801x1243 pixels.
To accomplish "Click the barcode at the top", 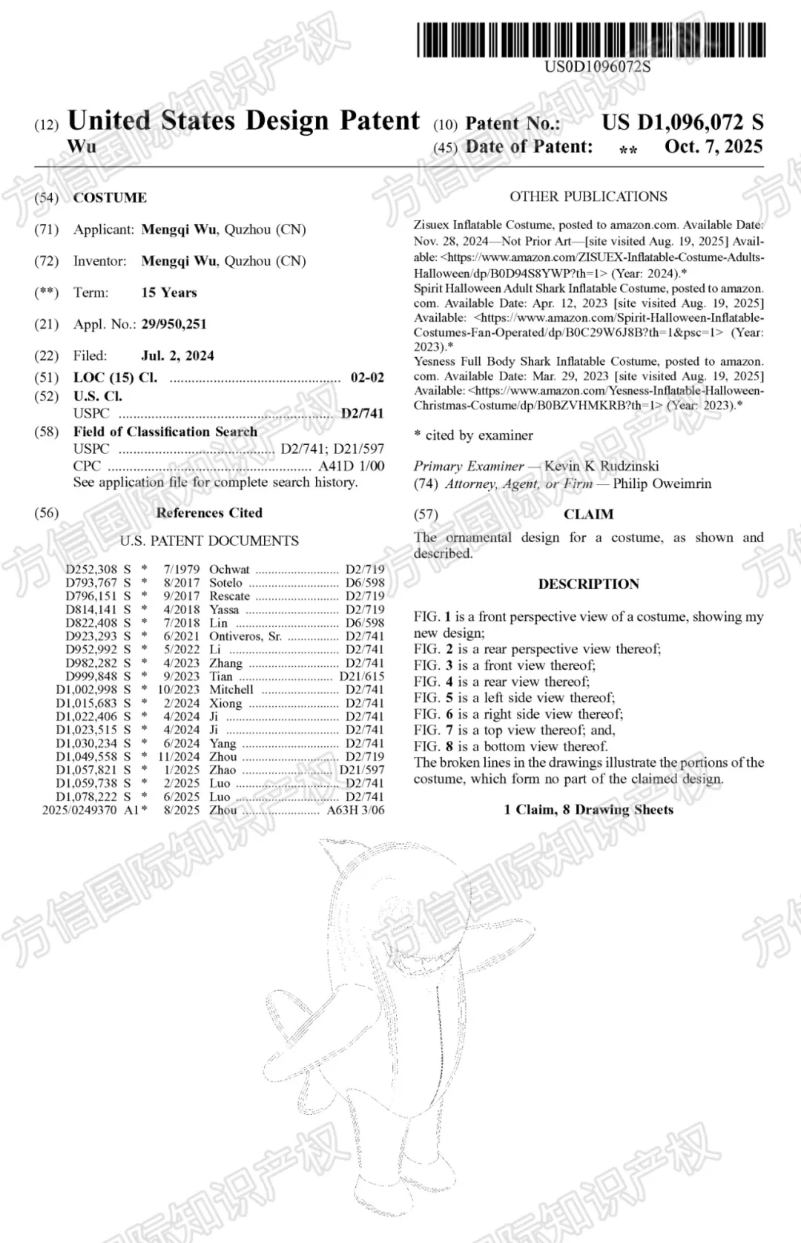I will coord(590,40).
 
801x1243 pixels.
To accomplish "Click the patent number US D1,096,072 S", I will coord(682,122).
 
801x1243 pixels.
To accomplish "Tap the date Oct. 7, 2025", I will coord(713,146).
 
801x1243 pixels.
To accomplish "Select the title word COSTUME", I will coord(110,197).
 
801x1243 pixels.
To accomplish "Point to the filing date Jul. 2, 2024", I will coord(177,355).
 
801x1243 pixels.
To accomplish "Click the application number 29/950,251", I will coord(174,324).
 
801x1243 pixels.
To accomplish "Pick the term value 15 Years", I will coord(169,292).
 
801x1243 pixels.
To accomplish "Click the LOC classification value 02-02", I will coord(367,377).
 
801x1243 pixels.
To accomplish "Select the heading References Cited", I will coord(209,512).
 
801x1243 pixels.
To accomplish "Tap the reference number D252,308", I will coord(91,570).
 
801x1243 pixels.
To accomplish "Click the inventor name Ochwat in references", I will coord(229,570).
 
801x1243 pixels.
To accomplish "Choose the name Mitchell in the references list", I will coord(231,690).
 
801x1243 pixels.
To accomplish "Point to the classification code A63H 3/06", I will coord(355,810).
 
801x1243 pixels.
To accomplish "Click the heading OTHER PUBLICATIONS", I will coord(588,197).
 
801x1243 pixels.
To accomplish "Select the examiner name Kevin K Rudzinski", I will coord(601,466).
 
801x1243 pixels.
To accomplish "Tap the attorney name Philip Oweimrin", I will coord(662,484).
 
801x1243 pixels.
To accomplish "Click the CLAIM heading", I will coord(588,514).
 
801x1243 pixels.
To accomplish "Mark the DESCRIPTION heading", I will coord(588,584).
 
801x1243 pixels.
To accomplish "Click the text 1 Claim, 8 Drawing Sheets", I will coord(588,809).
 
